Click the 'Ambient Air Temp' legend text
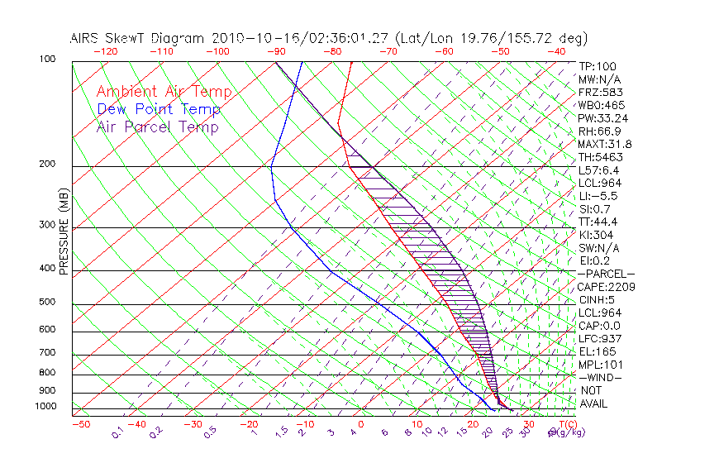coord(164,92)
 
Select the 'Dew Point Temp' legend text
coord(159,109)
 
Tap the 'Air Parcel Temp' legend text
coord(157,126)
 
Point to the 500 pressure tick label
coord(48,302)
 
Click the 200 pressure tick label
coord(48,164)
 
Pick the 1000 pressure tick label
coord(45,407)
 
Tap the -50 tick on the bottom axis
coord(80,425)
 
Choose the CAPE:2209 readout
coord(604,287)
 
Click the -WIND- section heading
coord(600,377)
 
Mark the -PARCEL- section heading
coord(605,274)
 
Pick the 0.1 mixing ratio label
coord(117,432)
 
